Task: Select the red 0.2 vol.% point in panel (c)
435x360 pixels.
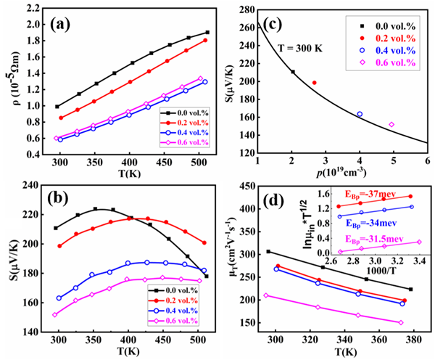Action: tap(314, 83)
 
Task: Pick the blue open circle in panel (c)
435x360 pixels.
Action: tap(360, 114)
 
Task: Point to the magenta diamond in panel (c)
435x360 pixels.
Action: tap(391, 125)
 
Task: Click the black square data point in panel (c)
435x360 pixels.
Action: tap(293, 71)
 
